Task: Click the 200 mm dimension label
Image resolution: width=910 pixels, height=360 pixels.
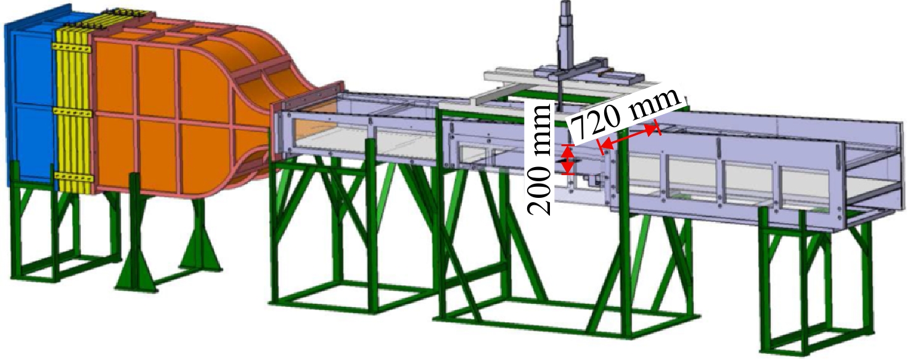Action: [x=540, y=159]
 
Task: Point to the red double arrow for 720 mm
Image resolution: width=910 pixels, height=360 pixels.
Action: [x=628, y=139]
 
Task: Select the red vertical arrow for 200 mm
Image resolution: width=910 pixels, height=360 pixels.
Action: [x=568, y=159]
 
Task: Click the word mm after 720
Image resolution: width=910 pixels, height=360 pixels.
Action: [x=655, y=105]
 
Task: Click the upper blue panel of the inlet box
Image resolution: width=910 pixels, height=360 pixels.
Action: [x=33, y=70]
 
